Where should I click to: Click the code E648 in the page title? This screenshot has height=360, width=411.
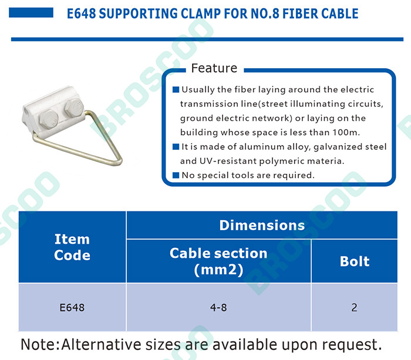81,14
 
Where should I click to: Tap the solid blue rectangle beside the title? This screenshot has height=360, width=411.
31,12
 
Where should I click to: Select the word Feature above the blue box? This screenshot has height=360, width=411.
214,68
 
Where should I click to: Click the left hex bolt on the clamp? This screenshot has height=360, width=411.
49,119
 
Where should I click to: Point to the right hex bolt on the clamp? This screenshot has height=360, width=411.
74,107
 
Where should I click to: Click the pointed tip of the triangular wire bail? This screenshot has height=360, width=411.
120,162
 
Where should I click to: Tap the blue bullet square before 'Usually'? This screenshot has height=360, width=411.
176,90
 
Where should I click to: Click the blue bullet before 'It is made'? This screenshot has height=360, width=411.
176,147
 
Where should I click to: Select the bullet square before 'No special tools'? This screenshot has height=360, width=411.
176,175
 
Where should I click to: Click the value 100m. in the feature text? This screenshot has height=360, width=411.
346,132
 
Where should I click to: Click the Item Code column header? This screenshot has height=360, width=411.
72,247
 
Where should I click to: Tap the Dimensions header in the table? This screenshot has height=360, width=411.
262,226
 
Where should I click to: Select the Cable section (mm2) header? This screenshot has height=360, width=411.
218,261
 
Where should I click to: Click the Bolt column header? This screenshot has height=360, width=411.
355,261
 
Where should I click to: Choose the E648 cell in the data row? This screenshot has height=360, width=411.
72,308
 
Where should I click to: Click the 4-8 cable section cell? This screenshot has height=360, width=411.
218,308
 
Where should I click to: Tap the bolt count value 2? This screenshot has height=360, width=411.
355,308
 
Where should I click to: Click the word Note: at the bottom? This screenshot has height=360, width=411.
41,345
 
